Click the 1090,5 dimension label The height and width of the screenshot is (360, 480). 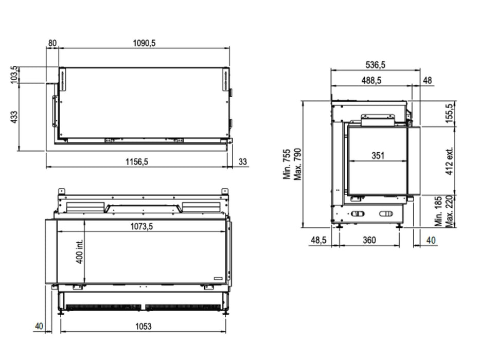144,43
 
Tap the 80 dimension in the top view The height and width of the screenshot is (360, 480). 52,43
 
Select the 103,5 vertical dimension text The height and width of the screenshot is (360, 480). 14,75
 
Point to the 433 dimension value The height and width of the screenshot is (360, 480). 14,117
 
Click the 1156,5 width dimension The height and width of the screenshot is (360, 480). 137,161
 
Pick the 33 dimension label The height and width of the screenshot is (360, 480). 242,161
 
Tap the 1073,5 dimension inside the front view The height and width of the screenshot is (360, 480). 141,226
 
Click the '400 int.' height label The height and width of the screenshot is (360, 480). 79,251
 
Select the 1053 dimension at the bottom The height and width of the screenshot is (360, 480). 143,327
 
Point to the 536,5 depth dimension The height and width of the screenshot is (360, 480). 376,65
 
